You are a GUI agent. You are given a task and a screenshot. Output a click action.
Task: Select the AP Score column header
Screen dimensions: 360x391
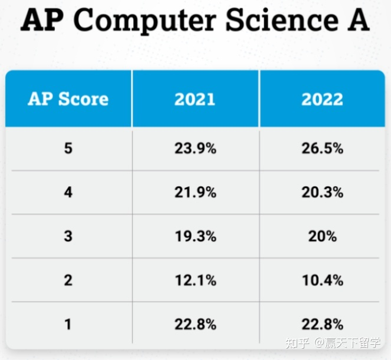click(x=68, y=98)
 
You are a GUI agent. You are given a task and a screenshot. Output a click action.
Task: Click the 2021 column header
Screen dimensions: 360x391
click(x=195, y=98)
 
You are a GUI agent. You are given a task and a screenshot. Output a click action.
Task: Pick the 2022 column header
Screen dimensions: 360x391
click(x=322, y=98)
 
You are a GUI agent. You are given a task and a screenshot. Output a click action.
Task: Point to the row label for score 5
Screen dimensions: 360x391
click(x=68, y=148)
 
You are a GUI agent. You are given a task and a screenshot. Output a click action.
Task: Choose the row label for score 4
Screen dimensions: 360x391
click(x=68, y=192)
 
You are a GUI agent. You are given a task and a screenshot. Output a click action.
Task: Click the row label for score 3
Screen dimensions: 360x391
click(x=68, y=236)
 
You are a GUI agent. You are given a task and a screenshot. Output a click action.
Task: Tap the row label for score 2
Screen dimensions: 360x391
click(x=68, y=280)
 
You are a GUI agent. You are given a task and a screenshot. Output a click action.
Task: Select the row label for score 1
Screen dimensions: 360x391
click(x=68, y=323)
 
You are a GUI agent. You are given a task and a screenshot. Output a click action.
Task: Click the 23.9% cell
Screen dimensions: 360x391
click(x=195, y=148)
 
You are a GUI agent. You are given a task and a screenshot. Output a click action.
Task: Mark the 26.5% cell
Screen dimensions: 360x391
click(x=322, y=148)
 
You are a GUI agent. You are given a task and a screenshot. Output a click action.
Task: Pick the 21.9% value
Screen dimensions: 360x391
click(x=195, y=192)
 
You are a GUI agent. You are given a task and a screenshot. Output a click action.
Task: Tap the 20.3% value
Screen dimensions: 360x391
click(x=322, y=192)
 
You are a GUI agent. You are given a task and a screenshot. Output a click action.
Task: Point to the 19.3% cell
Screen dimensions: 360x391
click(x=195, y=236)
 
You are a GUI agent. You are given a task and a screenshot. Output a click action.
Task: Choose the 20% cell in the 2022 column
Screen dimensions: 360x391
click(x=322, y=236)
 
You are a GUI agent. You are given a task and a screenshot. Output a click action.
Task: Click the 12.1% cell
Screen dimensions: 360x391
click(x=195, y=280)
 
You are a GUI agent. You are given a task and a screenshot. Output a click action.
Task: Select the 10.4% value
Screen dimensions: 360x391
click(x=322, y=280)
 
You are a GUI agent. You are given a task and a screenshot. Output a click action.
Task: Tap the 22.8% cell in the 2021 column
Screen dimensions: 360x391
click(x=195, y=323)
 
